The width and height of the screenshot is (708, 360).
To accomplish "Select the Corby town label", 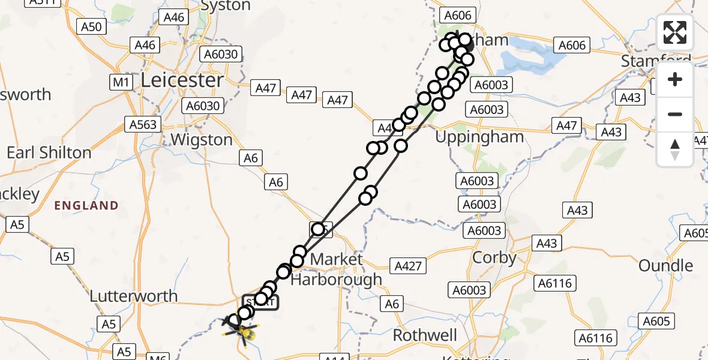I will click(494, 258).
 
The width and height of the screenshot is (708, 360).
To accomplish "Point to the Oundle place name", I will click(665, 266).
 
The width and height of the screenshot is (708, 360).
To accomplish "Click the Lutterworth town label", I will click(133, 296).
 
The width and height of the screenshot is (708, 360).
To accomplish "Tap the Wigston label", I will click(202, 140).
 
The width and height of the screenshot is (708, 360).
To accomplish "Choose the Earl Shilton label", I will click(49, 152).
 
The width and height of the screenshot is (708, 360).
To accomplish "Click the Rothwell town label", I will click(424, 335).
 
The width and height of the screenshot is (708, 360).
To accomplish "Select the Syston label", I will click(226, 6).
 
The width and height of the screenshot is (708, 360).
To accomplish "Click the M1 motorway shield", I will click(121, 82).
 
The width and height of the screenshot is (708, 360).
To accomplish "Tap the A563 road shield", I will click(143, 125).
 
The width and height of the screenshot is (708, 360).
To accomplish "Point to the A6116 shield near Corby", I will click(556, 283).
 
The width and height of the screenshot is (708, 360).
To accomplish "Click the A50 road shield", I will click(93, 26).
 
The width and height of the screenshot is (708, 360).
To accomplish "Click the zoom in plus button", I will click(675, 79).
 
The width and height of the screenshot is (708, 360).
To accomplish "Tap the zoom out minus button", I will click(675, 114).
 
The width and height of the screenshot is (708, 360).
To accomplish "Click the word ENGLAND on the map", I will click(86, 206).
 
